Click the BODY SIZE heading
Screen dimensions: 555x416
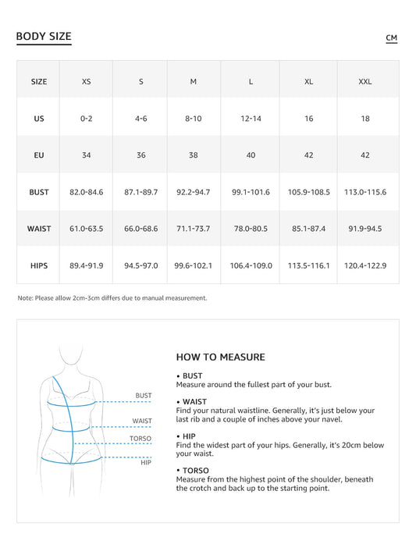[x=44, y=37]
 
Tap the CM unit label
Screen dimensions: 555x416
[x=391, y=37]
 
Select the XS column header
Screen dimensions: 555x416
[x=86, y=81]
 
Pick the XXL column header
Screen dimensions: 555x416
[x=364, y=81]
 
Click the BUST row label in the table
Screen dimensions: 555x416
[x=39, y=192]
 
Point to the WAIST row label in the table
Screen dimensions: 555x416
[x=39, y=229]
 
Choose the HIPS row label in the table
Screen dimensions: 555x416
[x=39, y=265]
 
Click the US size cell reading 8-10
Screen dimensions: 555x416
[x=194, y=119]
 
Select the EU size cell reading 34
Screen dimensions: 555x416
[x=86, y=155]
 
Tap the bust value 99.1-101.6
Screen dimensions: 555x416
[x=251, y=192]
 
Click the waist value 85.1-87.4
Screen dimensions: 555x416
[x=308, y=229]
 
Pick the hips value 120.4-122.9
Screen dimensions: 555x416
[x=364, y=265]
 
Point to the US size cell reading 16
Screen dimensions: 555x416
[x=308, y=119]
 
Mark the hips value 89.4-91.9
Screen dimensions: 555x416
[x=86, y=265]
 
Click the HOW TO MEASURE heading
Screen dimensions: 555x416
[x=221, y=357]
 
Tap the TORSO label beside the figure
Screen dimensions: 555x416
[x=140, y=439]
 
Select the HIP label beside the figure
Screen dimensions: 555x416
[x=146, y=463]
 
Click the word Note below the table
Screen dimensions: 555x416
[x=25, y=297]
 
